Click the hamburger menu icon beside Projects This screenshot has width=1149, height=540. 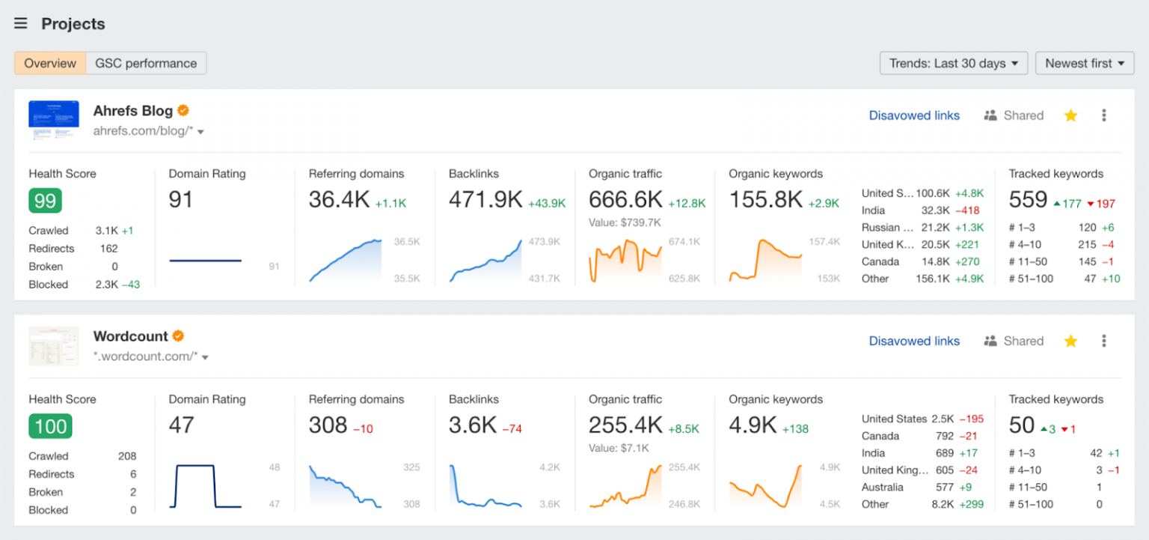click(x=21, y=24)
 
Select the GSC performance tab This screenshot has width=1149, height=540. click(x=146, y=64)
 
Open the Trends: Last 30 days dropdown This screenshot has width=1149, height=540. click(x=953, y=64)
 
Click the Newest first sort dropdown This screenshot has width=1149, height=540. click(x=1084, y=64)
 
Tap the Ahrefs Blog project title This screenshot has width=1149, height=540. click(x=132, y=111)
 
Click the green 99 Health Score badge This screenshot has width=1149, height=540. click(x=45, y=201)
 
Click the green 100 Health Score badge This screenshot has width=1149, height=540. click(x=50, y=426)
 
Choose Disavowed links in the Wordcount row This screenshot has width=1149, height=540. click(x=913, y=341)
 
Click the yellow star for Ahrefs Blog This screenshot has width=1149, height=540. click(x=1070, y=115)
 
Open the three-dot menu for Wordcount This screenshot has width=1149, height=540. click(x=1103, y=341)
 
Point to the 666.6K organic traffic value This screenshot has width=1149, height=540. click(x=625, y=200)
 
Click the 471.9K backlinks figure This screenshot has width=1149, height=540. click(x=485, y=200)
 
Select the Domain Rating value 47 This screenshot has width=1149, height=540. click(x=181, y=425)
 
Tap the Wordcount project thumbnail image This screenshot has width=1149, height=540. click(x=54, y=346)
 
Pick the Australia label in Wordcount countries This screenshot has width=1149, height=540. click(x=882, y=488)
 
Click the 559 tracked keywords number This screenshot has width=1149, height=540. click(x=1028, y=200)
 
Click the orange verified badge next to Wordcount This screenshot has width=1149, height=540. click(x=178, y=336)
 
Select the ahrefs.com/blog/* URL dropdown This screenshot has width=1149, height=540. click(x=148, y=132)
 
